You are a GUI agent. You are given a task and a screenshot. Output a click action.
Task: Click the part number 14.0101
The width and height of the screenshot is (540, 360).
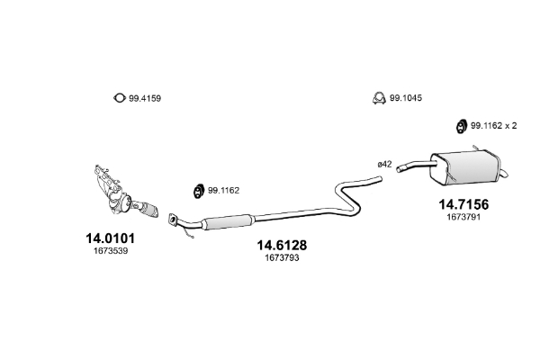pos(109,238)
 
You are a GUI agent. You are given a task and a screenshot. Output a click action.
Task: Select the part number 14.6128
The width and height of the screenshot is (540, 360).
pos(282,244)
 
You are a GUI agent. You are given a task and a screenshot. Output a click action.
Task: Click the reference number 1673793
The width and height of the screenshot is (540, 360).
pos(282,258)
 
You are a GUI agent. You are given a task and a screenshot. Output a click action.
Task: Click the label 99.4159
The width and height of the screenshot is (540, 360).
pos(147,97)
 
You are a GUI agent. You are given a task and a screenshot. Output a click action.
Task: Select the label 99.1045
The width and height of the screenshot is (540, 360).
pos(405,97)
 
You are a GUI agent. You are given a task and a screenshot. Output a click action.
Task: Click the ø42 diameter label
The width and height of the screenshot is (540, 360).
pos(384,164)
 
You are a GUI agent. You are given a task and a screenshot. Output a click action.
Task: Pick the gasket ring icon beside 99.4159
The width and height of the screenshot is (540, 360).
pos(117,98)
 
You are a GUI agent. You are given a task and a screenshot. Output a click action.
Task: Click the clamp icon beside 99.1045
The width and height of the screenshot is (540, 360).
pos(379,97)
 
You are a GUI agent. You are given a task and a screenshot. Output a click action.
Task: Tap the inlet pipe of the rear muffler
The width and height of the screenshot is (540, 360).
pos(413,165)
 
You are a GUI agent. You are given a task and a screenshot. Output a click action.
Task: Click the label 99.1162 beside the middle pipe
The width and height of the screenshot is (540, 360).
pos(223,190)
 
